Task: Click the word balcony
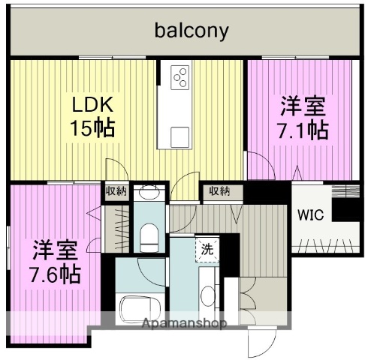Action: pyautogui.click(x=192, y=31)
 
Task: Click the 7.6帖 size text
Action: pyautogui.click(x=56, y=270)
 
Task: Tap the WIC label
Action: pyautogui.click(x=311, y=215)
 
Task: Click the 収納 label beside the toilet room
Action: pyautogui.click(x=116, y=191)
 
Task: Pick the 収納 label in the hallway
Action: pyautogui.click(x=219, y=191)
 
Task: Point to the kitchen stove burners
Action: pyautogui.click(x=181, y=76)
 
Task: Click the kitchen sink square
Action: pyautogui.click(x=179, y=136)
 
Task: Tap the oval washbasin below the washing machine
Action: pyautogui.click(x=209, y=290)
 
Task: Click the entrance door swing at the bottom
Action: pyautogui.click(x=258, y=341)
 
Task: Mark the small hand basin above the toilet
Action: pyautogui.click(x=150, y=193)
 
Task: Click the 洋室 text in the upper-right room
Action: pyautogui.click(x=304, y=104)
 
